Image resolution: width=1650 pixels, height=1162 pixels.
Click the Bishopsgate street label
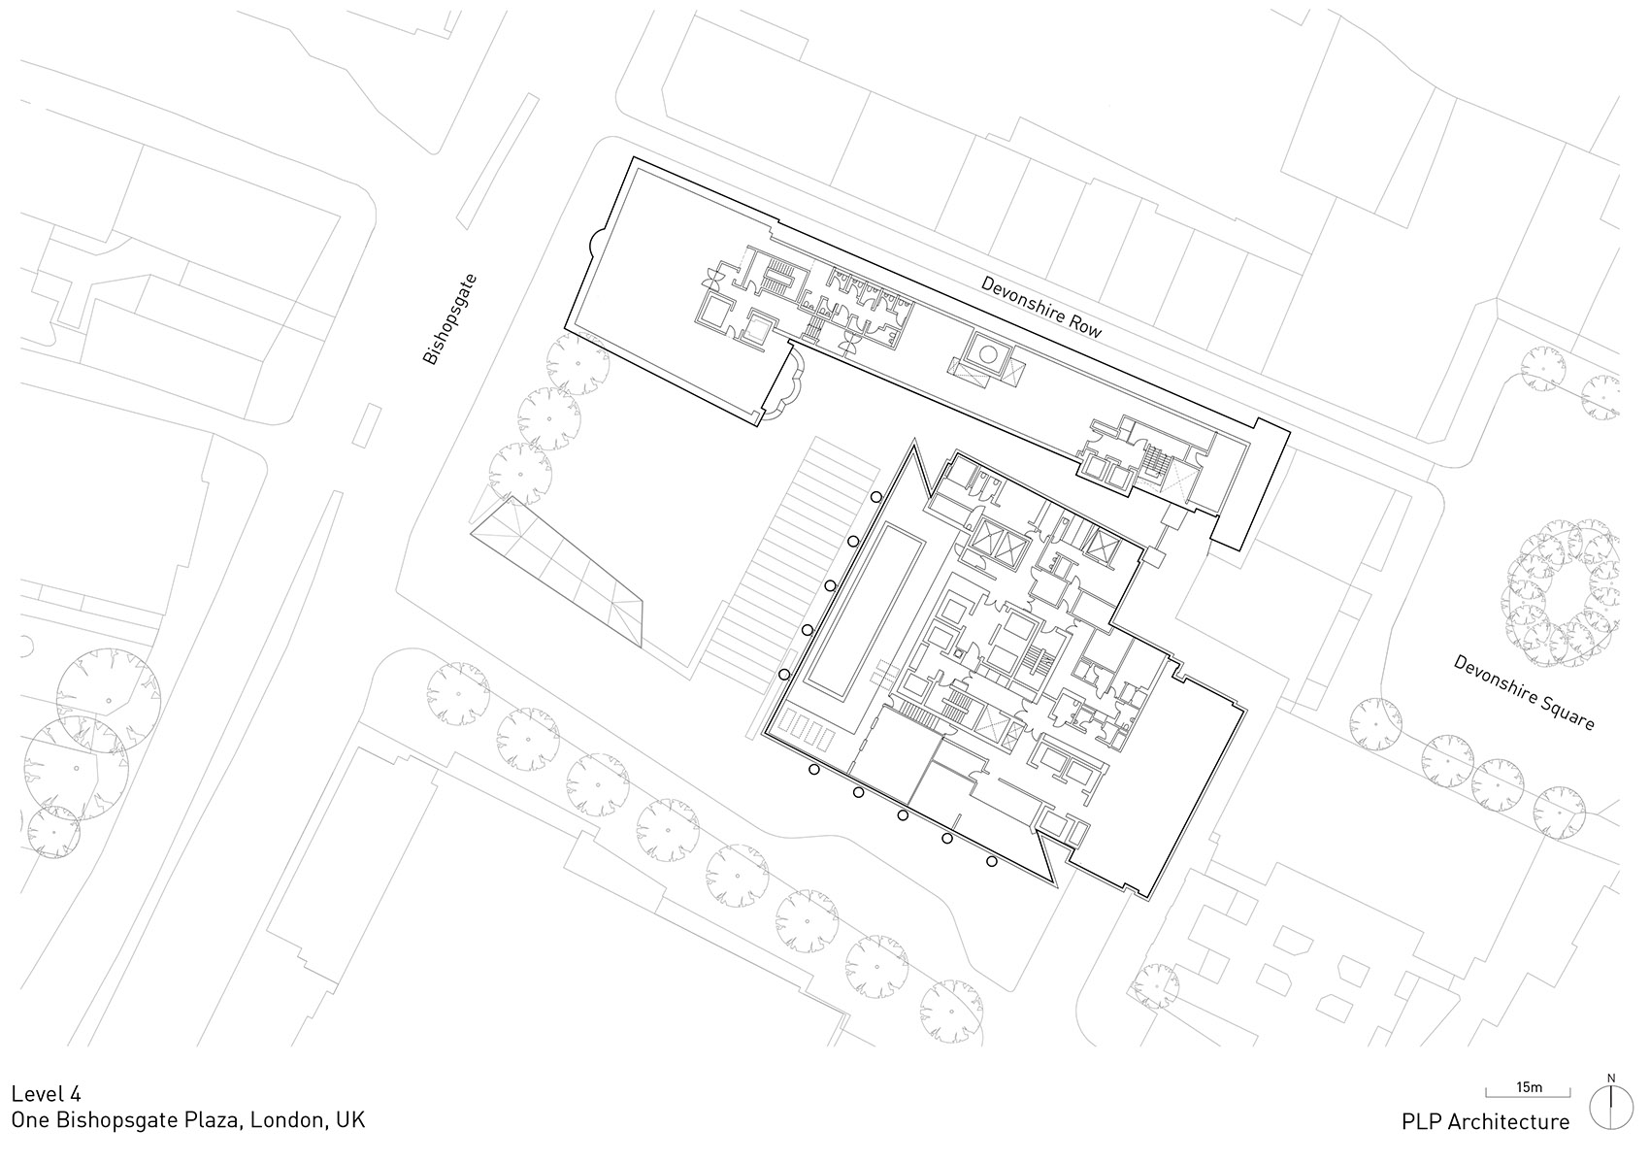[450, 319]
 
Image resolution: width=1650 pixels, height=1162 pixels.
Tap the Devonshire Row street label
[1040, 308]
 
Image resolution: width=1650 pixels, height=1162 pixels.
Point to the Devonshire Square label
[1523, 692]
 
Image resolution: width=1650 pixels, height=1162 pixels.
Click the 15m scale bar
[1528, 1092]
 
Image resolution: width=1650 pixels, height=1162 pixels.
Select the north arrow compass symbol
[1611, 1108]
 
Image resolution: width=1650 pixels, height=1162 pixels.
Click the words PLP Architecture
[1485, 1122]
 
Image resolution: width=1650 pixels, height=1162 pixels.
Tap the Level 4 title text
[46, 1093]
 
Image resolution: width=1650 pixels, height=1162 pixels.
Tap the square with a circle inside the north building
[987, 355]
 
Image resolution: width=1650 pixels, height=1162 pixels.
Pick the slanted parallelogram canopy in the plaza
[556, 573]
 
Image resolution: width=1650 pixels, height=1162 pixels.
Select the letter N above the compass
[1611, 1078]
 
